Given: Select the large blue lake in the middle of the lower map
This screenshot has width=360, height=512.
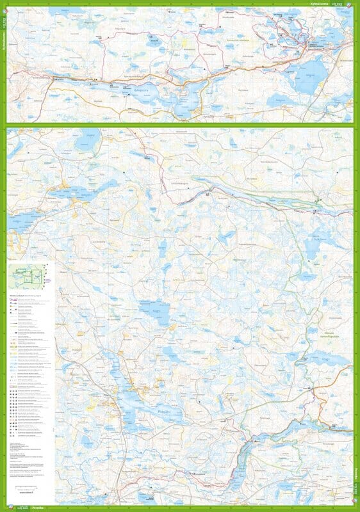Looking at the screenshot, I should [x=156, y=313].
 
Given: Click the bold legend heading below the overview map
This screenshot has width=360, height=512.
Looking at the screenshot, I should [x=26, y=296].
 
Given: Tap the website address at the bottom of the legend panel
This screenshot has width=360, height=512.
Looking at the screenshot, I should [x=28, y=493].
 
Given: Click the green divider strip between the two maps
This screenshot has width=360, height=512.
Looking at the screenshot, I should [x=180, y=125].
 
